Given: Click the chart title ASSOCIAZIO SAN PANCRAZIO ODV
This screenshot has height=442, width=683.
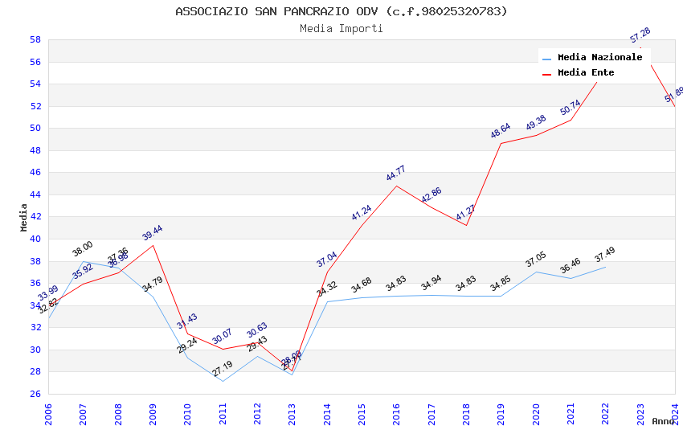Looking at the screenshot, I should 341,11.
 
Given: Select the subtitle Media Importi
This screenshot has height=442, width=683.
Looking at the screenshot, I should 341,28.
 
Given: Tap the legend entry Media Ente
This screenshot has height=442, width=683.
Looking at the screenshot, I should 586,72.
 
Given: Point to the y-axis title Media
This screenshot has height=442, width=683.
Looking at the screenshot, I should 24,217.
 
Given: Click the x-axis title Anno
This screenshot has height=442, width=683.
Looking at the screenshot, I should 663,421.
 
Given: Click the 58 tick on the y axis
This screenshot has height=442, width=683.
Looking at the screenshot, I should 35,39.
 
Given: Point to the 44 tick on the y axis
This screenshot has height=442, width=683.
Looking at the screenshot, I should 35,194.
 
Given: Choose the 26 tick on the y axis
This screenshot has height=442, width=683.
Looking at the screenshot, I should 35,394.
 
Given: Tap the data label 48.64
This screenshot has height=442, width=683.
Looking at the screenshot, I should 500,131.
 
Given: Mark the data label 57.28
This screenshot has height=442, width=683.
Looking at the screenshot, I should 640,35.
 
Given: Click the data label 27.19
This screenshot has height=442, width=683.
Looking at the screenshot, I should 223,369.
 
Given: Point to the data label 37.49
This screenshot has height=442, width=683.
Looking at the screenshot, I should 604,256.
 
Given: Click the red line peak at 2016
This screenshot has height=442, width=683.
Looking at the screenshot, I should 396,186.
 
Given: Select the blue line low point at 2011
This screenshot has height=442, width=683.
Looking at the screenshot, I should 223,381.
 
